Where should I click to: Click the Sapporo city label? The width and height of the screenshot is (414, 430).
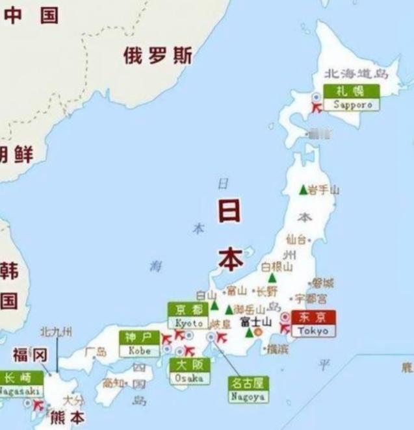[x=352, y=97]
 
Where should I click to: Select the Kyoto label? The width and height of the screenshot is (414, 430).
[x=189, y=316]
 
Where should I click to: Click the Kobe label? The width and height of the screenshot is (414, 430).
[x=139, y=344]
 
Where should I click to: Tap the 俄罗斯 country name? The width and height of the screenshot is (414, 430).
[x=158, y=57]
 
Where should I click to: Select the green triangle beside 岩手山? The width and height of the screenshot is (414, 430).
[x=303, y=190]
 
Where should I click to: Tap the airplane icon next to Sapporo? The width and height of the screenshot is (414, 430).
[x=317, y=108]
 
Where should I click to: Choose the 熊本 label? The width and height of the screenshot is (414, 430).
[x=67, y=417]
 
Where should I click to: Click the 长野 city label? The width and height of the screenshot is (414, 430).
[x=266, y=290]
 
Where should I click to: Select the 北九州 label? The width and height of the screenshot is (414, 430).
[x=56, y=332]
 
